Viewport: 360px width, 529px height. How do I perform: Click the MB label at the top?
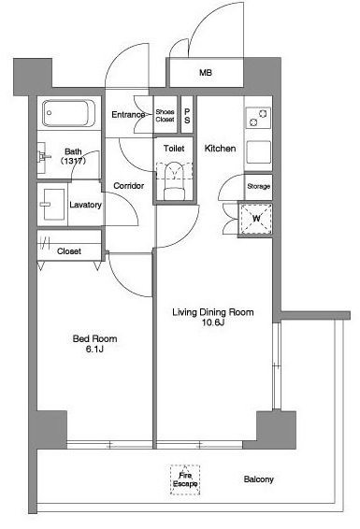click(x=206, y=73)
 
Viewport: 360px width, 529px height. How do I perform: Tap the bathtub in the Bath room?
click(x=68, y=113)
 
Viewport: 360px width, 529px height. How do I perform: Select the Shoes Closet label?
click(x=165, y=115)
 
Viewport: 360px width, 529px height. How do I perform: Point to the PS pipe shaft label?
click(x=187, y=115)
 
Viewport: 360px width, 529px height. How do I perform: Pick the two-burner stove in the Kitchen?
click(x=258, y=118)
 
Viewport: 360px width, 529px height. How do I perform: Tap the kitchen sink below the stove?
click(x=258, y=152)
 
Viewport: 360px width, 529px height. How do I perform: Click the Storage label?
click(x=259, y=186)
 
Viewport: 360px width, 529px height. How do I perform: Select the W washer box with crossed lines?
click(x=256, y=219)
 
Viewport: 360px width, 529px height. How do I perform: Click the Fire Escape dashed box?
click(x=185, y=479)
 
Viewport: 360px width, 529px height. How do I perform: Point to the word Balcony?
click(x=258, y=479)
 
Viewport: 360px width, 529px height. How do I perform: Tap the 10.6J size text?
click(x=213, y=322)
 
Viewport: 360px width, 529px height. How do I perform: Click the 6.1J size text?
click(x=94, y=350)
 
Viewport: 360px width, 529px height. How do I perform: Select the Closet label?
click(x=69, y=251)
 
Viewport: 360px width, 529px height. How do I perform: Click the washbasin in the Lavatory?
click(x=52, y=204)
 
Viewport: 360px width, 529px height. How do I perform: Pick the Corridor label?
click(x=128, y=186)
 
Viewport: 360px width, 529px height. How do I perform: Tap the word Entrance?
click(x=128, y=115)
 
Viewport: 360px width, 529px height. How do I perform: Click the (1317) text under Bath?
click(x=73, y=161)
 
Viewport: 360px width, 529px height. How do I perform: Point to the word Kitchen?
click(x=220, y=148)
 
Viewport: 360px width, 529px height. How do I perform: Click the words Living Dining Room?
click(x=213, y=312)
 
